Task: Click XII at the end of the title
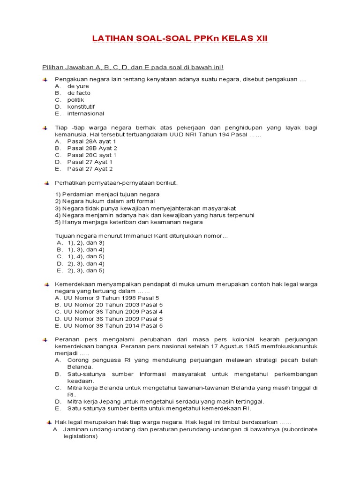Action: [x=260, y=38]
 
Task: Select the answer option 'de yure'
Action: [x=78, y=86]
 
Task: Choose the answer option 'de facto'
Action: [x=79, y=93]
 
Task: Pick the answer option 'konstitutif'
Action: [x=81, y=106]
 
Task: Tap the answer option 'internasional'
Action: [x=85, y=113]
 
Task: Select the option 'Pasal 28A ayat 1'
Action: [x=91, y=141]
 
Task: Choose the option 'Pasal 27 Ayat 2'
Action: [x=90, y=169]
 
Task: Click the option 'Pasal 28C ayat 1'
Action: [x=92, y=155]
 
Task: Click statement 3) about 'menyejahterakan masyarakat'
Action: [x=145, y=208]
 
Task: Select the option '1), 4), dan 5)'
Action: [x=85, y=256]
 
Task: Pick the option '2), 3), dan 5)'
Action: [x=85, y=270]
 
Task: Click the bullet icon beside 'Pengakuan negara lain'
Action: [x=45, y=80]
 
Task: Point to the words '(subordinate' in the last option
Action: [x=300, y=429]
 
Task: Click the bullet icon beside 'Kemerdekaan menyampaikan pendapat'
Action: [x=45, y=285]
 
